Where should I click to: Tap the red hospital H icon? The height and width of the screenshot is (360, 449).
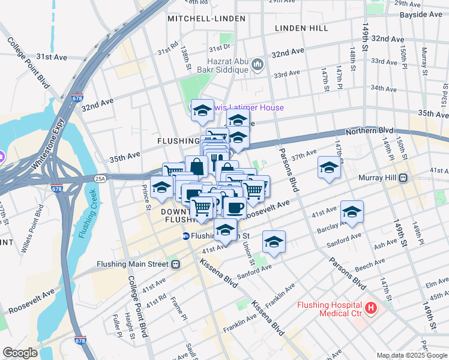coord(371,308)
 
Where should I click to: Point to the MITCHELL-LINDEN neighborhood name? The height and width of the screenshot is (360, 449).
coord(206,19)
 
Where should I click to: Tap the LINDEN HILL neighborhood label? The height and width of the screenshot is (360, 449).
coord(301,28)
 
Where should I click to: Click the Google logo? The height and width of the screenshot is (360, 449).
coord(19,353)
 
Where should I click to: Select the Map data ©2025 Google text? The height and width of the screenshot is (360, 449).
coord(411,355)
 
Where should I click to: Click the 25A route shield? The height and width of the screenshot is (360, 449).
coord(101,178)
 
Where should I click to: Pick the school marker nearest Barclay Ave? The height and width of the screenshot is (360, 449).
coord(352,212)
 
